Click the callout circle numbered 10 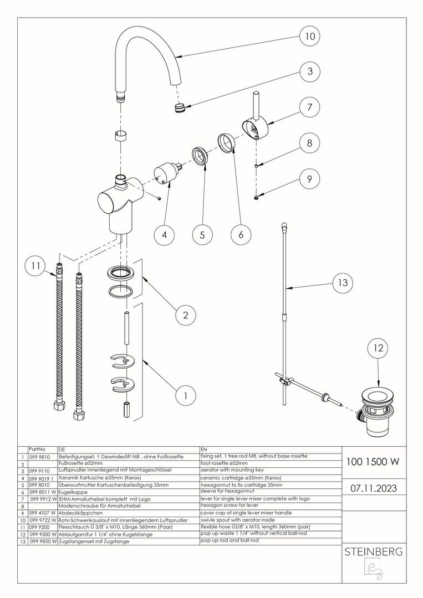pyautogui.click(x=309, y=36)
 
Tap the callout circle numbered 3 pyautogui.click(x=309, y=71)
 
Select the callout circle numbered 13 pyautogui.click(x=343, y=282)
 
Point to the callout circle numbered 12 pyautogui.click(x=378, y=348)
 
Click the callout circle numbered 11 pyautogui.click(x=35, y=266)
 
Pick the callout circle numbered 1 pyautogui.click(x=186, y=395)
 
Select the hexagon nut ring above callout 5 pyautogui.click(x=200, y=156)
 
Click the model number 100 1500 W pyautogui.click(x=373, y=461)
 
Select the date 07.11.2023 pyautogui.click(x=374, y=488)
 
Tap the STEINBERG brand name pyautogui.click(x=373, y=552)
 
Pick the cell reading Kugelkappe pyautogui.click(x=73, y=492)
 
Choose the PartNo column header pyautogui.click(x=37, y=450)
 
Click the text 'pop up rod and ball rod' pyautogui.click(x=230, y=540)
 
